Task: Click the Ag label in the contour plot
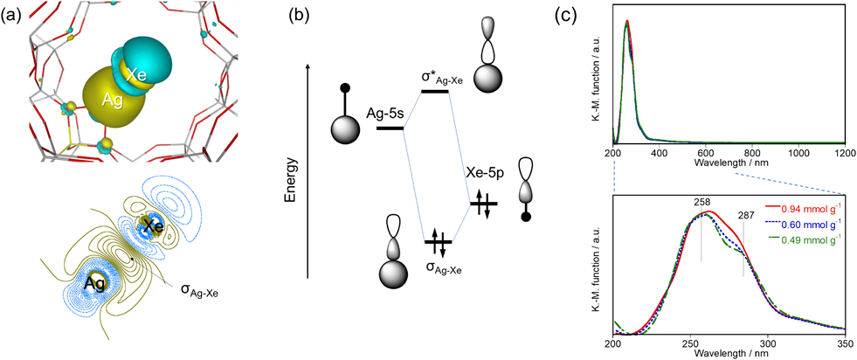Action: (x=95, y=284)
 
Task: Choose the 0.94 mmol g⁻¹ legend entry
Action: (x=804, y=210)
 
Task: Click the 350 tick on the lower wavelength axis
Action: (x=842, y=344)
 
